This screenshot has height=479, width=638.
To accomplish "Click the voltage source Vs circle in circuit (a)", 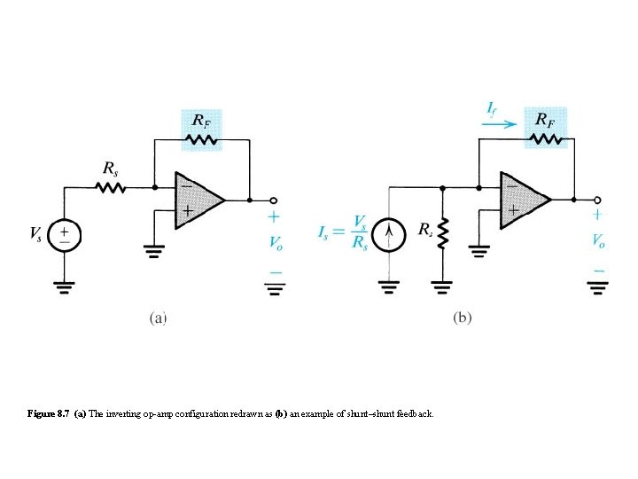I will pyautogui.click(x=65, y=236).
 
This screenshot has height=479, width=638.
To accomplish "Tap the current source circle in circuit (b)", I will pyautogui.click(x=387, y=235).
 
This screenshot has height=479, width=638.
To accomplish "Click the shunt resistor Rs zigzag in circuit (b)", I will pyautogui.click(x=443, y=235).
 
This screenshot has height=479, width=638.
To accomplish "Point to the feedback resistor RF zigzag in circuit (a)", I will pyautogui.click(x=202, y=138).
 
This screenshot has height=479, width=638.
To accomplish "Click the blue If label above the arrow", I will pyautogui.click(x=493, y=108).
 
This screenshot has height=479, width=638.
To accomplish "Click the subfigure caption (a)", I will pyautogui.click(x=157, y=316).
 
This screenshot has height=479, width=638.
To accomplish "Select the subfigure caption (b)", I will pyautogui.click(x=462, y=317).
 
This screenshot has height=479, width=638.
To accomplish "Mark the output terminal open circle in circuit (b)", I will pyautogui.click(x=598, y=199).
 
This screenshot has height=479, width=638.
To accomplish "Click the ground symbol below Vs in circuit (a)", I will pyautogui.click(x=65, y=286).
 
